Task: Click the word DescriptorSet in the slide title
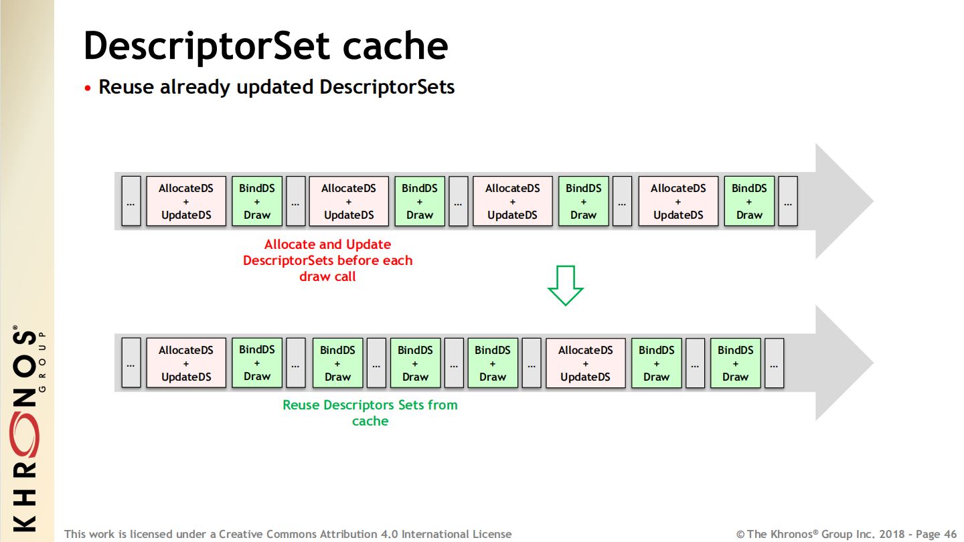pyautogui.click(x=207, y=46)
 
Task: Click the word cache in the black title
pyautogui.click(x=395, y=46)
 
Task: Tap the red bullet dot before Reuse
pyautogui.click(x=88, y=88)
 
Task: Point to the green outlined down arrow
pyautogui.click(x=566, y=286)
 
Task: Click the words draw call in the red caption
pyautogui.click(x=327, y=276)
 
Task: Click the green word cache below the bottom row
pyautogui.click(x=370, y=421)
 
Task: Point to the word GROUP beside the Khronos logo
pyautogui.click(x=42, y=361)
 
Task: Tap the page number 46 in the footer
pyautogui.click(x=950, y=534)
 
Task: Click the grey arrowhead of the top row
pyautogui.click(x=844, y=201)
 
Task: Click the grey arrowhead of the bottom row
pyautogui.click(x=844, y=363)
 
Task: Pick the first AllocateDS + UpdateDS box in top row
pyautogui.click(x=186, y=201)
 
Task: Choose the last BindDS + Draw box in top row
pyautogui.click(x=749, y=201)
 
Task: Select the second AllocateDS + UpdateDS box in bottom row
pyautogui.click(x=585, y=363)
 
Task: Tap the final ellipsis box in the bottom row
pyautogui.click(x=774, y=363)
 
